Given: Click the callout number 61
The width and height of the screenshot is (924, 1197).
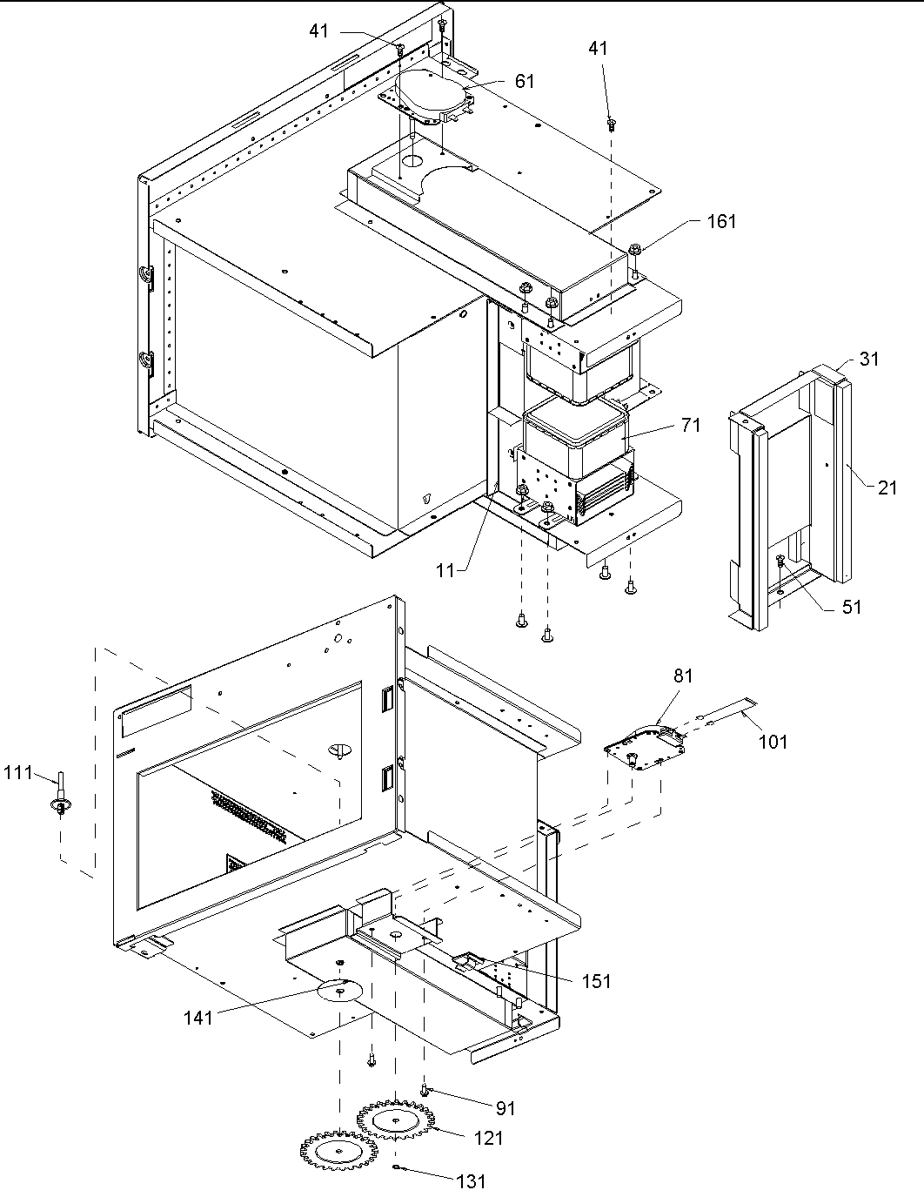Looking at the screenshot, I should [x=525, y=81].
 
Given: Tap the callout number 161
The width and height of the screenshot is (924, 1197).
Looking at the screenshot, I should [x=721, y=221].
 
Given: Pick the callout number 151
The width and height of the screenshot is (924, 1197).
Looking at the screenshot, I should [x=596, y=981].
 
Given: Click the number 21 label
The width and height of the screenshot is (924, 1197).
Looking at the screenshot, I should [x=887, y=488].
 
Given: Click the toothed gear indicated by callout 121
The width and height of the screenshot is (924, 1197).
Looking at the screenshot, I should [x=396, y=1122].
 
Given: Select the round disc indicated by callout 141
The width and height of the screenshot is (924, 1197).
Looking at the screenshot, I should [x=341, y=991].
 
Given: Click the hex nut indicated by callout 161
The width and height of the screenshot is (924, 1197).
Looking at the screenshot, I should [x=633, y=250].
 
